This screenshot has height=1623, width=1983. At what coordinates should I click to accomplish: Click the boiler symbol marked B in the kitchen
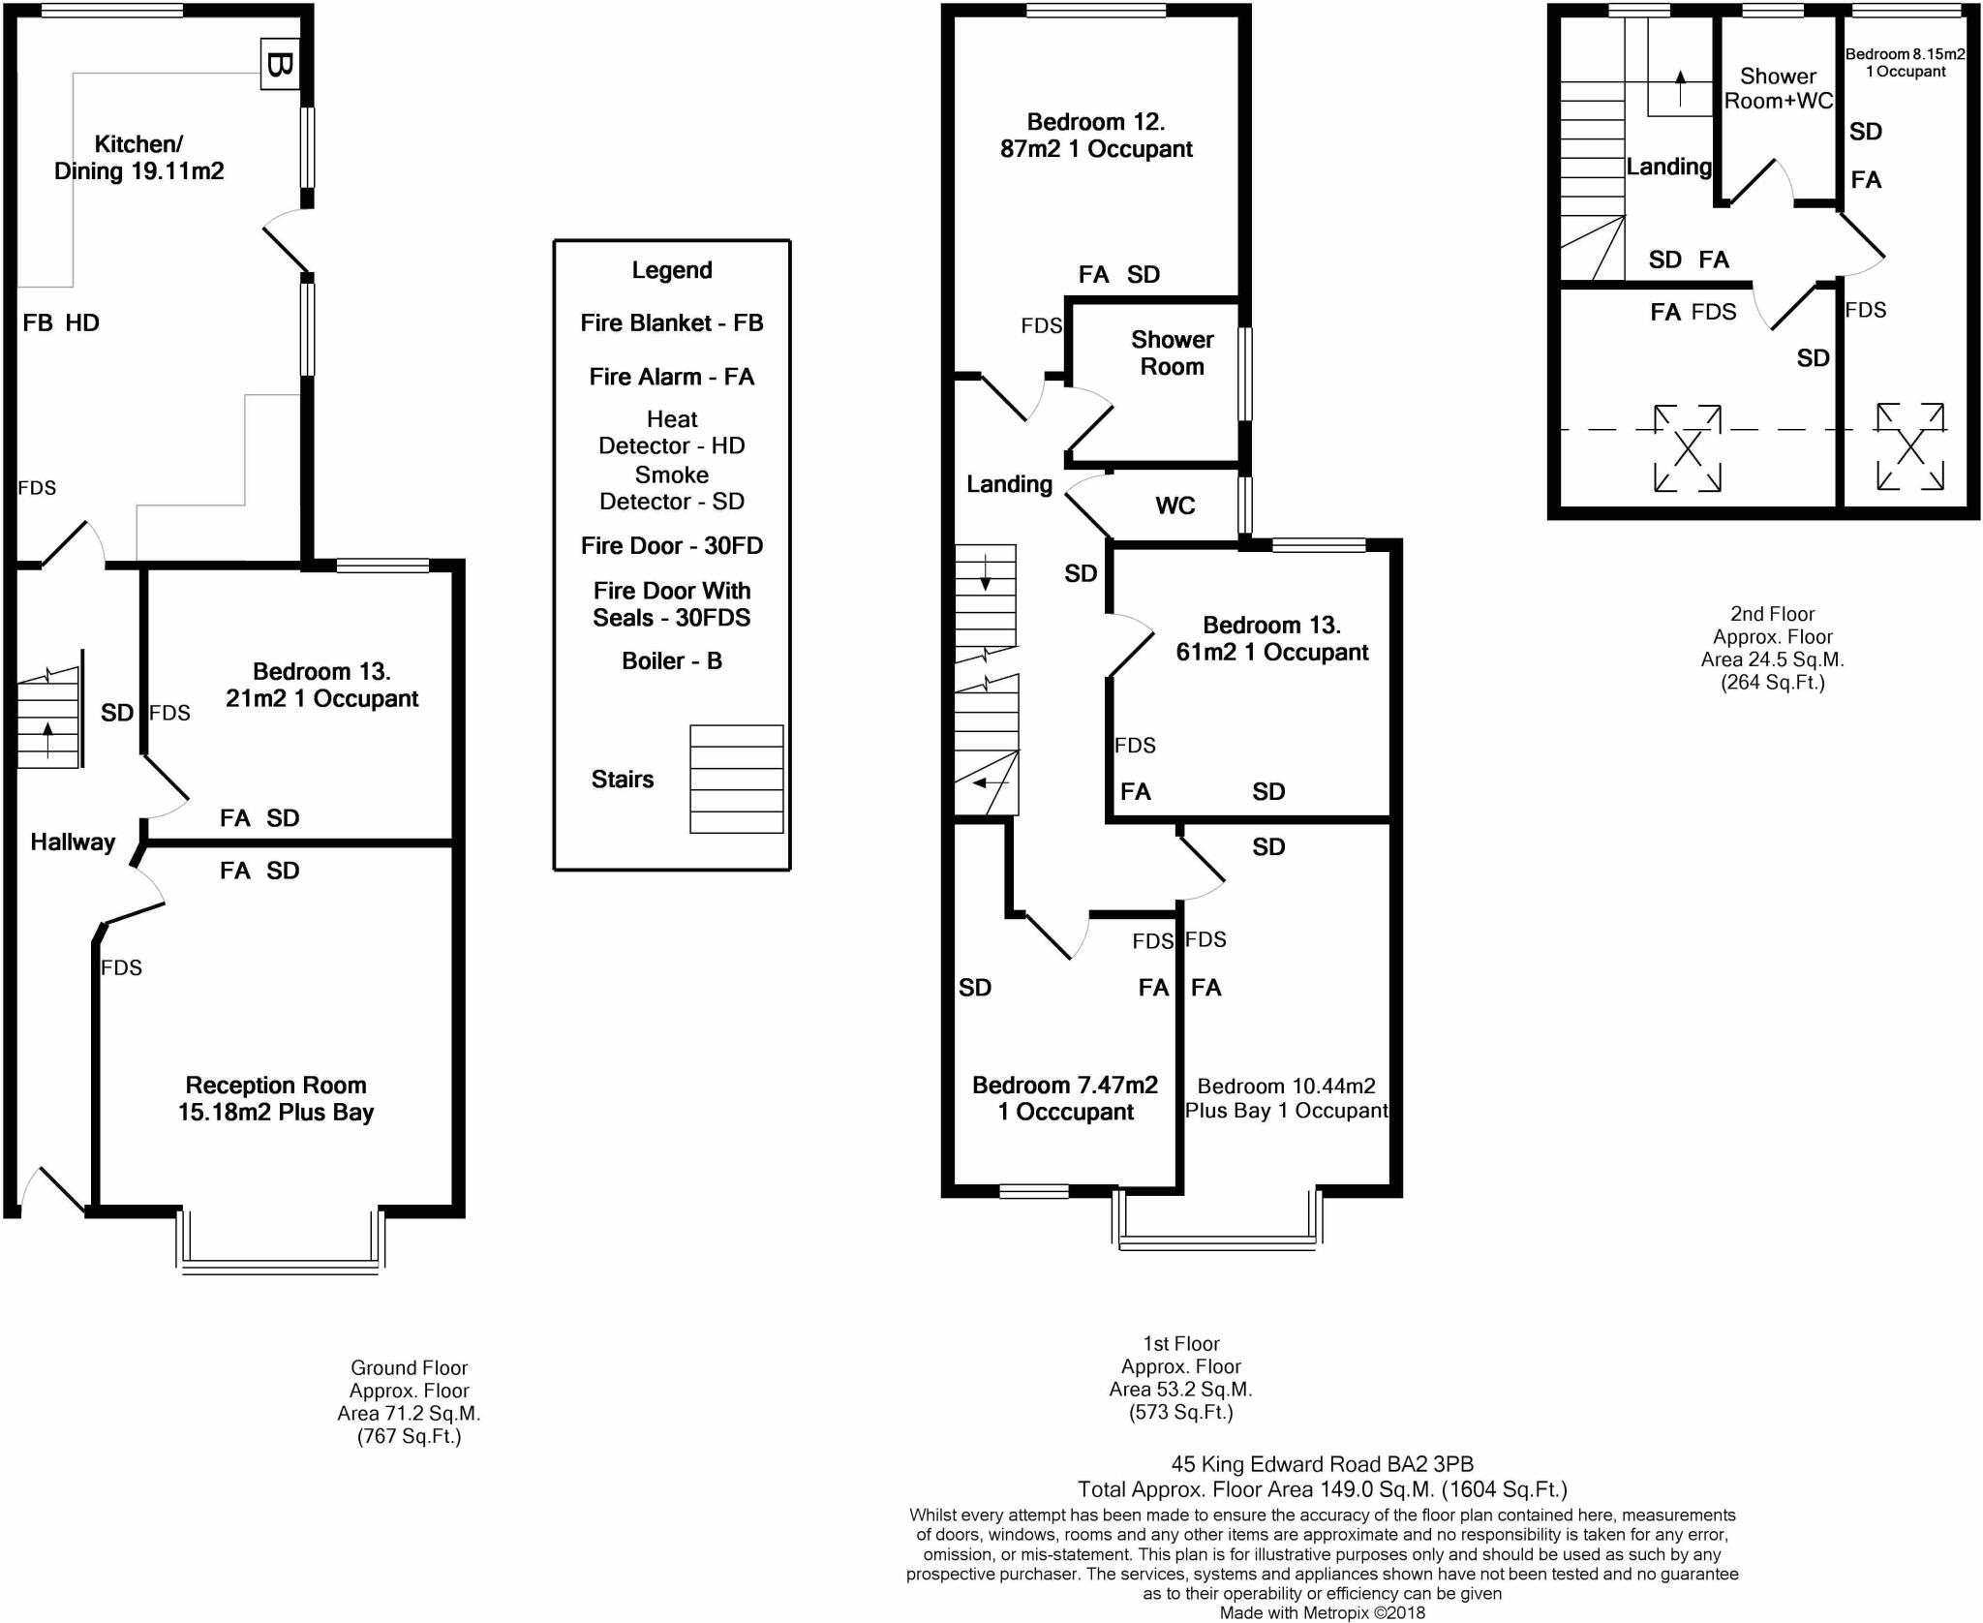pyautogui.click(x=279, y=65)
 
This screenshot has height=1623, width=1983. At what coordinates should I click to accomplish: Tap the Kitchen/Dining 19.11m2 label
pyautogui.click(x=138, y=158)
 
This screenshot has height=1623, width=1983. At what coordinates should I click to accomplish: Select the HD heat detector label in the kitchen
pyautogui.click(x=82, y=323)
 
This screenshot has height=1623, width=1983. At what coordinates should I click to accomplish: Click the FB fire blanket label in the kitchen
pyautogui.click(x=38, y=323)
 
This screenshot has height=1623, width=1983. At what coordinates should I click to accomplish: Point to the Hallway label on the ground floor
pyautogui.click(x=73, y=842)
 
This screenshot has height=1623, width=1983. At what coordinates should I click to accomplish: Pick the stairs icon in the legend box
pyautogui.click(x=736, y=779)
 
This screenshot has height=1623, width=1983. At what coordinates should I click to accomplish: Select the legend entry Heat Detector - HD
pyautogui.click(x=672, y=432)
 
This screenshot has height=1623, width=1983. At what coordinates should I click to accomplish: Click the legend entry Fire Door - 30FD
pyautogui.click(x=672, y=546)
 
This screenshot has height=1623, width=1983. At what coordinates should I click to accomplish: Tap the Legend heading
pyautogui.click(x=672, y=270)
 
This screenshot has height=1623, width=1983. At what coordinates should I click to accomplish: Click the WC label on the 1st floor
pyautogui.click(x=1175, y=505)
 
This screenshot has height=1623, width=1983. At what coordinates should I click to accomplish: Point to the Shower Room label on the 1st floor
pyautogui.click(x=1172, y=353)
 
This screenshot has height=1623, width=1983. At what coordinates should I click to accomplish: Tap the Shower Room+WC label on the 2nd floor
pyautogui.click(x=1779, y=89)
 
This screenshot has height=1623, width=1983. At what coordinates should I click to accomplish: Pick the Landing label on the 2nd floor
pyautogui.click(x=1668, y=168)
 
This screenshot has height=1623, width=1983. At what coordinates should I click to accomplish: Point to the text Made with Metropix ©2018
pyautogui.click(x=1322, y=1612)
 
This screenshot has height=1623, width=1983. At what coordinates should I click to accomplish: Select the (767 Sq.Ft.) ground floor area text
pyautogui.click(x=409, y=1436)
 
